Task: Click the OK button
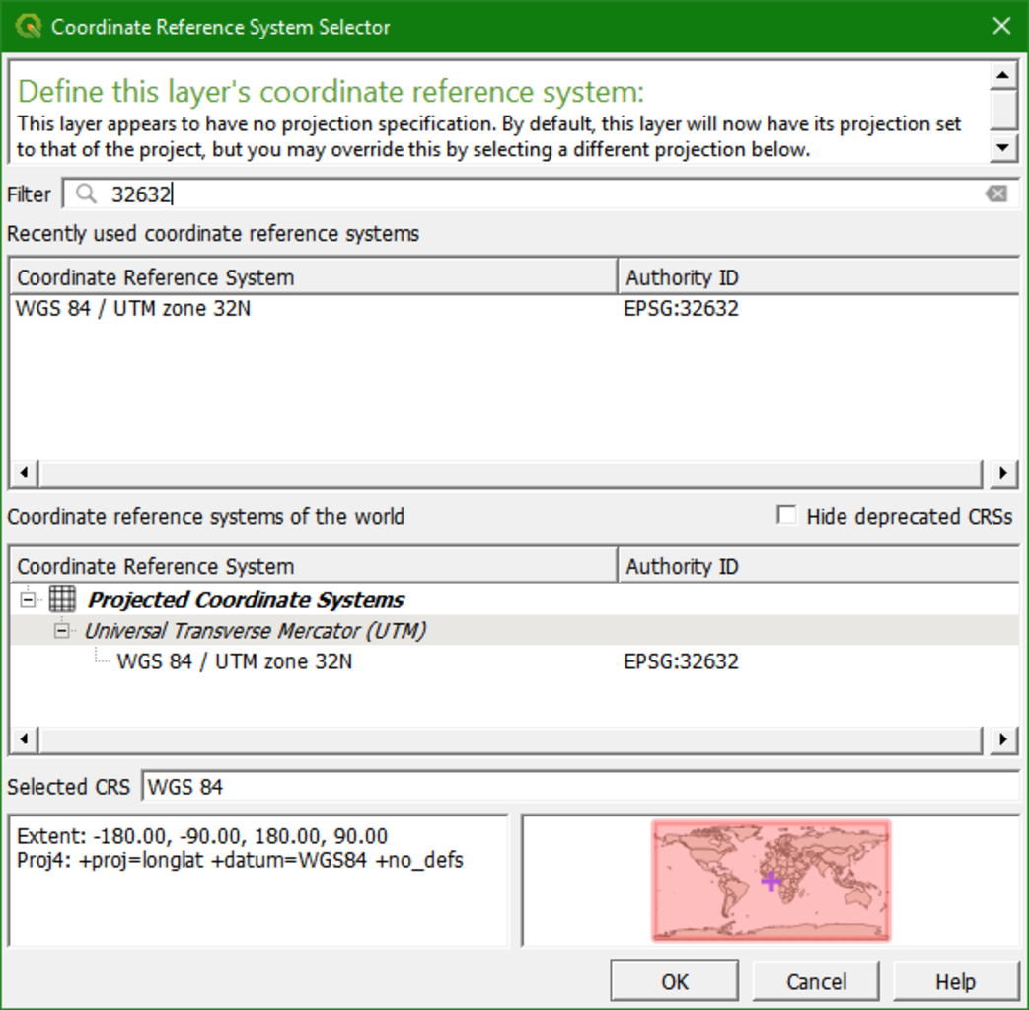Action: click(674, 981)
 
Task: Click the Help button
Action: click(955, 981)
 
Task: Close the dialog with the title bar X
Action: click(1001, 27)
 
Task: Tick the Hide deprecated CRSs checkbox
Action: click(786, 516)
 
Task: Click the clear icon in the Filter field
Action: click(996, 194)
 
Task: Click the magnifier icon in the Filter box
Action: click(87, 194)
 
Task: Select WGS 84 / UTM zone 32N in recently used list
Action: click(134, 309)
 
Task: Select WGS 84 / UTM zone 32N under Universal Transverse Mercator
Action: click(234, 661)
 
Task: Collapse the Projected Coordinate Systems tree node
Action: click(28, 599)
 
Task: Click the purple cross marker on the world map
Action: click(772, 880)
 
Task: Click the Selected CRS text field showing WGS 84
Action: click(580, 787)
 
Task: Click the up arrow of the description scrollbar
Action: click(1003, 76)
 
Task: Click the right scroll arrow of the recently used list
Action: click(1003, 473)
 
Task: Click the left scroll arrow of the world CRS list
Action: click(25, 738)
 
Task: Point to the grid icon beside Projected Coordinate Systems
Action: click(62, 599)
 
